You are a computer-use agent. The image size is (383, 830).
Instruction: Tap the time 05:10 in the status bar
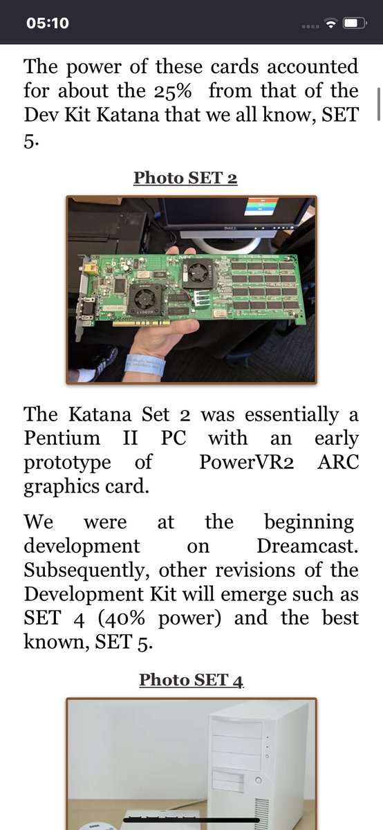[48, 24]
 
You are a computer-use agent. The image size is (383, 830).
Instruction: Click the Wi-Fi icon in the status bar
[330, 24]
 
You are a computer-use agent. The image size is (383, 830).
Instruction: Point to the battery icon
[355, 24]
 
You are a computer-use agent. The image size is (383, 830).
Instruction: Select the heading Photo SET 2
[185, 178]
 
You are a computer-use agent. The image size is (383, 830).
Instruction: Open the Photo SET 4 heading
[191, 679]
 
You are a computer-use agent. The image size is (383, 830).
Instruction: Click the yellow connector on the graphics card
[90, 268]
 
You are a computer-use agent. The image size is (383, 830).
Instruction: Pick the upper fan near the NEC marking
[198, 273]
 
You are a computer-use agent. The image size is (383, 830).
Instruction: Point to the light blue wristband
[145, 365]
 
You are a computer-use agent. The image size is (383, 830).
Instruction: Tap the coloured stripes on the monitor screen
[261, 205]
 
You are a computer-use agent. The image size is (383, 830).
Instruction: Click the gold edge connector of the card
[142, 323]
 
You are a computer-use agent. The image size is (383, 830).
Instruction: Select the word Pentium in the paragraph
[62, 439]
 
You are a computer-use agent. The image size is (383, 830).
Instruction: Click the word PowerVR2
[247, 462]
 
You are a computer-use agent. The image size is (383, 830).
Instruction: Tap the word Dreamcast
[308, 546]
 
